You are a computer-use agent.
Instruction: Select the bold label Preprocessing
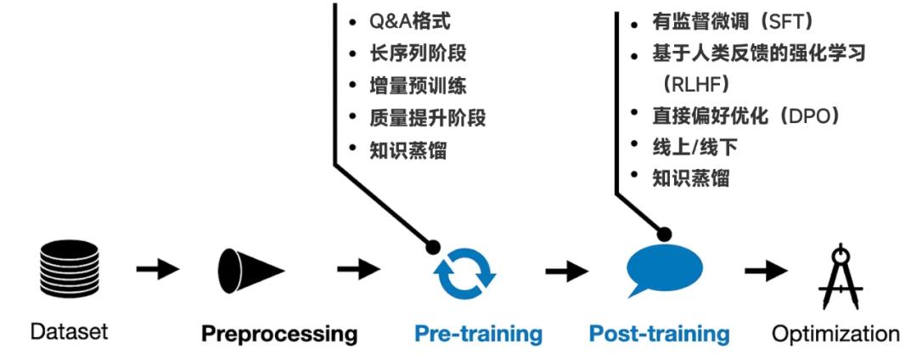(x=279, y=334)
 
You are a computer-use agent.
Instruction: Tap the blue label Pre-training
(x=478, y=334)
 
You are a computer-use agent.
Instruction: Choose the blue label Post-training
(x=659, y=334)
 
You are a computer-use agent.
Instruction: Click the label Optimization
(x=835, y=333)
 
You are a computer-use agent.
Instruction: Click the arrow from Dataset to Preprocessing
(x=157, y=271)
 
